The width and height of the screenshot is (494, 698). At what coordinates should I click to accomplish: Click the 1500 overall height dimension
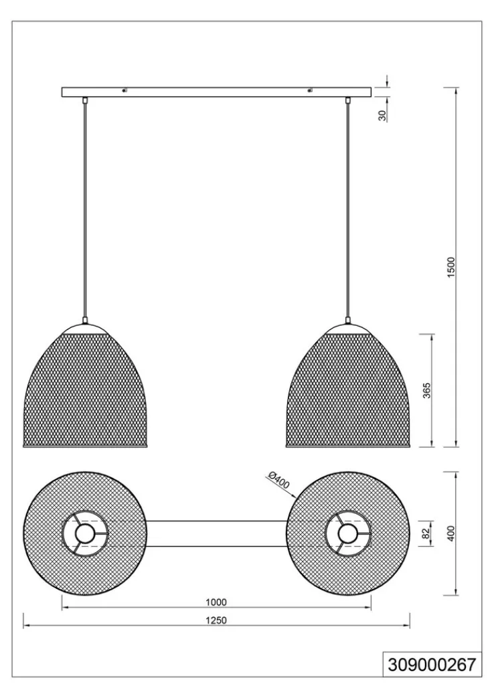451,267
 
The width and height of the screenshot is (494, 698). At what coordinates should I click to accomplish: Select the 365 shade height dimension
427,390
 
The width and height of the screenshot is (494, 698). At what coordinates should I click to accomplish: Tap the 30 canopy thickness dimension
382,116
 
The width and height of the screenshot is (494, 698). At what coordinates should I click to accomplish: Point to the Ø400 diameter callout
278,481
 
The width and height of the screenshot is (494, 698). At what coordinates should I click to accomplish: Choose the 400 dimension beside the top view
451,533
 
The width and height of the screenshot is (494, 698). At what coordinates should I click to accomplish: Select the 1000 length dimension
216,602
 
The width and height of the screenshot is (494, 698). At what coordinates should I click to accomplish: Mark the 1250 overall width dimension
216,620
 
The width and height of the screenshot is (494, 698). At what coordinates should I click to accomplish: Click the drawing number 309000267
432,665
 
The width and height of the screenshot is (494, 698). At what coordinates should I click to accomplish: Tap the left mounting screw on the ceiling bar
125,91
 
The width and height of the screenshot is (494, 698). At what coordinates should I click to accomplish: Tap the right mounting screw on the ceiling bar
309,91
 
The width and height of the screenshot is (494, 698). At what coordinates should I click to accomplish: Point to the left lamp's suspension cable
84,210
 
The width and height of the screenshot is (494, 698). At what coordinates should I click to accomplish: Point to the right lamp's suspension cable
347,210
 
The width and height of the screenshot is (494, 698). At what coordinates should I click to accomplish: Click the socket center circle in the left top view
84,533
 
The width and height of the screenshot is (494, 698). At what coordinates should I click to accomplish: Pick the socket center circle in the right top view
347,533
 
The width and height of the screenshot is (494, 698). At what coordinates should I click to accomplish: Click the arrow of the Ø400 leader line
294,495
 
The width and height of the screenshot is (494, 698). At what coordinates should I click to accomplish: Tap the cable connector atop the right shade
347,320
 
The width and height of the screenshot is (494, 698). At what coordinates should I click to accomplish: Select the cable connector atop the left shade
84,320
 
